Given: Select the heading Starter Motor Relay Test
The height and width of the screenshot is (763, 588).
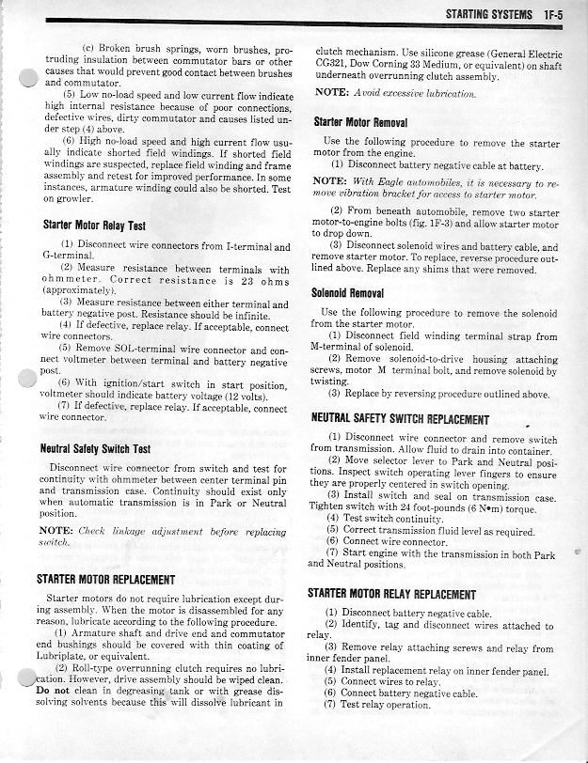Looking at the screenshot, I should [x=95, y=226].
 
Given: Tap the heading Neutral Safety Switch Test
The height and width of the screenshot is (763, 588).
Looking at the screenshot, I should [x=97, y=449].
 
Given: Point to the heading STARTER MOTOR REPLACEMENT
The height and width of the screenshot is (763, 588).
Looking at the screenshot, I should [x=104, y=579].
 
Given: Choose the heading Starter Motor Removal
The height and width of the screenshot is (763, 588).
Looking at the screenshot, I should [x=360, y=122].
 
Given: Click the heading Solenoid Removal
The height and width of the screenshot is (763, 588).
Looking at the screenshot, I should [x=347, y=294].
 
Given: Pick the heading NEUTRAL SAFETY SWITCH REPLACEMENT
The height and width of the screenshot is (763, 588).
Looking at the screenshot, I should [x=400, y=419].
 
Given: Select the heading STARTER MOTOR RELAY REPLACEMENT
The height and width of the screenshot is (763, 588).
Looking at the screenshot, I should [x=392, y=594].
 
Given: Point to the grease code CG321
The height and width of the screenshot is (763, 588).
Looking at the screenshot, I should [x=330, y=67].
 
